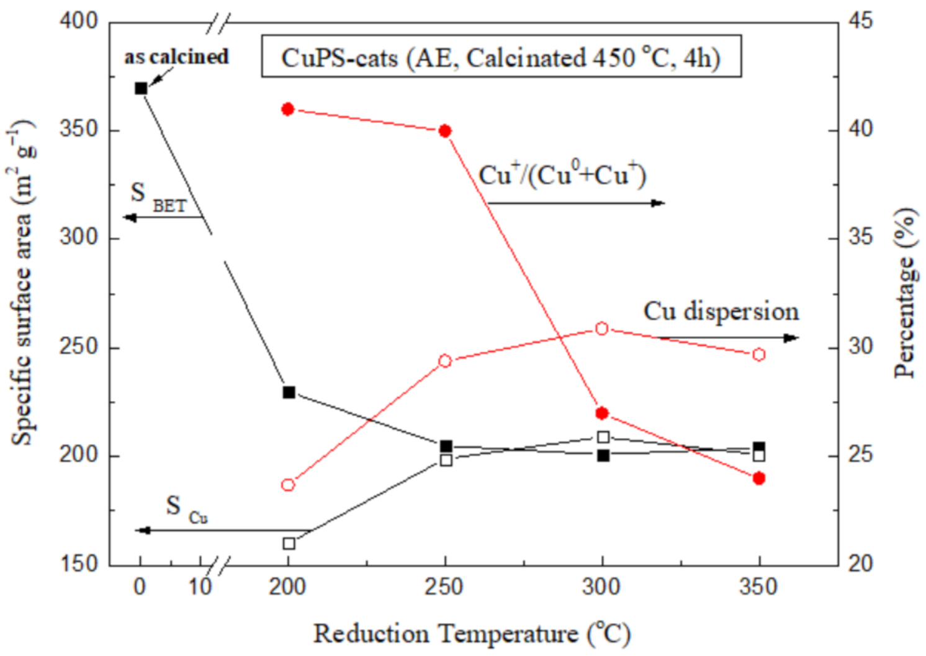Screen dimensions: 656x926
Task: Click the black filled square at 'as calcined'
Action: click(141, 88)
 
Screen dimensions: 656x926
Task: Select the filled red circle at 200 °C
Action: click(287, 109)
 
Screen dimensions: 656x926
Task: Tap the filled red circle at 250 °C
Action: click(445, 131)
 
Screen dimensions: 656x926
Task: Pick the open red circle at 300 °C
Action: click(601, 328)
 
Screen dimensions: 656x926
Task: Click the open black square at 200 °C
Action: click(289, 544)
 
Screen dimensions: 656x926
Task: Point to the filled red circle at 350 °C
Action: click(758, 478)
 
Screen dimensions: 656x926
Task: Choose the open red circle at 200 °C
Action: click(288, 485)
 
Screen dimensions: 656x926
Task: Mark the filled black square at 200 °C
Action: click(289, 392)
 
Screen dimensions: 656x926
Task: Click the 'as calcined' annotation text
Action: click(177, 56)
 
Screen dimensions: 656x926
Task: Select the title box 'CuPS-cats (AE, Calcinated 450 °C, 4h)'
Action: click(501, 57)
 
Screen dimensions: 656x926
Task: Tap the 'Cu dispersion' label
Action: click(721, 311)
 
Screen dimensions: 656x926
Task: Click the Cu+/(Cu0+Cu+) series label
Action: click(562, 175)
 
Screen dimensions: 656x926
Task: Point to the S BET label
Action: click(158, 197)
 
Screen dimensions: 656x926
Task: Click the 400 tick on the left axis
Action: click(79, 21)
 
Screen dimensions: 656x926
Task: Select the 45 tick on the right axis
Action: click(861, 21)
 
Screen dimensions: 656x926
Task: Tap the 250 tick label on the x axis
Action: click(444, 587)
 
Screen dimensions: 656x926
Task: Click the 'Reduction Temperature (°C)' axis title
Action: click(472, 634)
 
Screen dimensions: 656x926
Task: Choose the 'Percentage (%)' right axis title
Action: click(906, 293)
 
